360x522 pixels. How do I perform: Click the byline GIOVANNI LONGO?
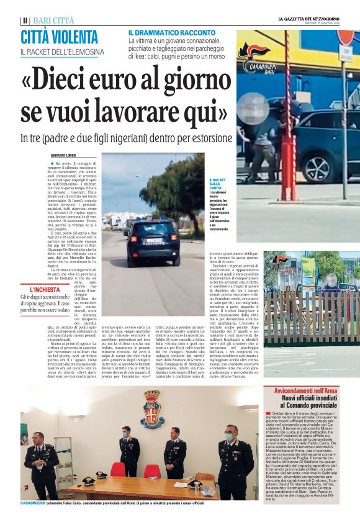pos(65,155)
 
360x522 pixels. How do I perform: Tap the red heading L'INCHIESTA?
pos(43,289)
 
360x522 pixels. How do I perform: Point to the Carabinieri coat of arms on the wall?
pos(151,409)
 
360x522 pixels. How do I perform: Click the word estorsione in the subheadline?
pos(206,137)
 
